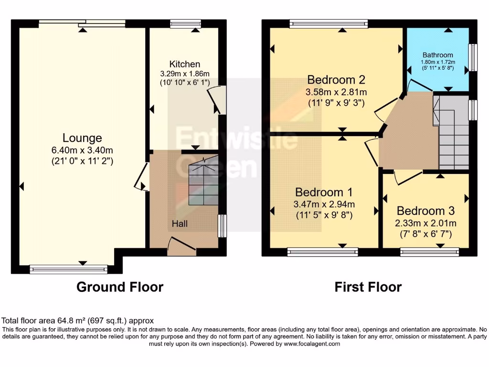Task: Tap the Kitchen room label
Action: (185, 64)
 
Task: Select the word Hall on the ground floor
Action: (180, 224)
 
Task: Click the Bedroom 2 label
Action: (337, 79)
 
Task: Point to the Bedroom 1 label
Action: (324, 193)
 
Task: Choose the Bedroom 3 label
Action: (425, 211)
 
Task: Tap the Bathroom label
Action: (437, 55)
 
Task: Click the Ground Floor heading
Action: (120, 287)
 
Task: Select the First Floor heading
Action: (368, 287)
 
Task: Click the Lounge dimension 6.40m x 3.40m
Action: (82, 151)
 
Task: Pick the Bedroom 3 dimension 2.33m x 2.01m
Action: (425, 223)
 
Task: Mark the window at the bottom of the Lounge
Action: (69, 270)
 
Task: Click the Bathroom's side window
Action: (473, 58)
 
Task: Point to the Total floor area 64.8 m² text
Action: (78, 321)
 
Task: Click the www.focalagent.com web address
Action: (311, 344)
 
